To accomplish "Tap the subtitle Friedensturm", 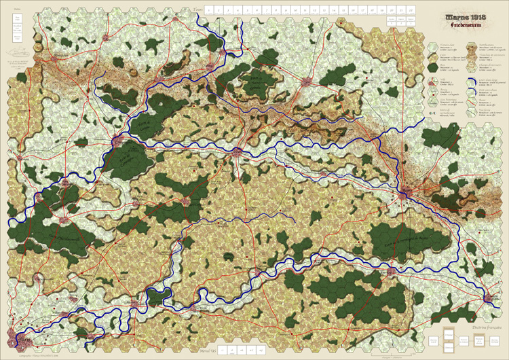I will tap(453, 24).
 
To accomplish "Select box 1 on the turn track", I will tap(209, 10).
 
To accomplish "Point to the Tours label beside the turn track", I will tap(197, 9).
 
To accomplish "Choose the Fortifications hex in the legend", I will tap(471, 48).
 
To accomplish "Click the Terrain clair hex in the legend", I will tap(433, 48).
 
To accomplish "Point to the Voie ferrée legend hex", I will tap(471, 107).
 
